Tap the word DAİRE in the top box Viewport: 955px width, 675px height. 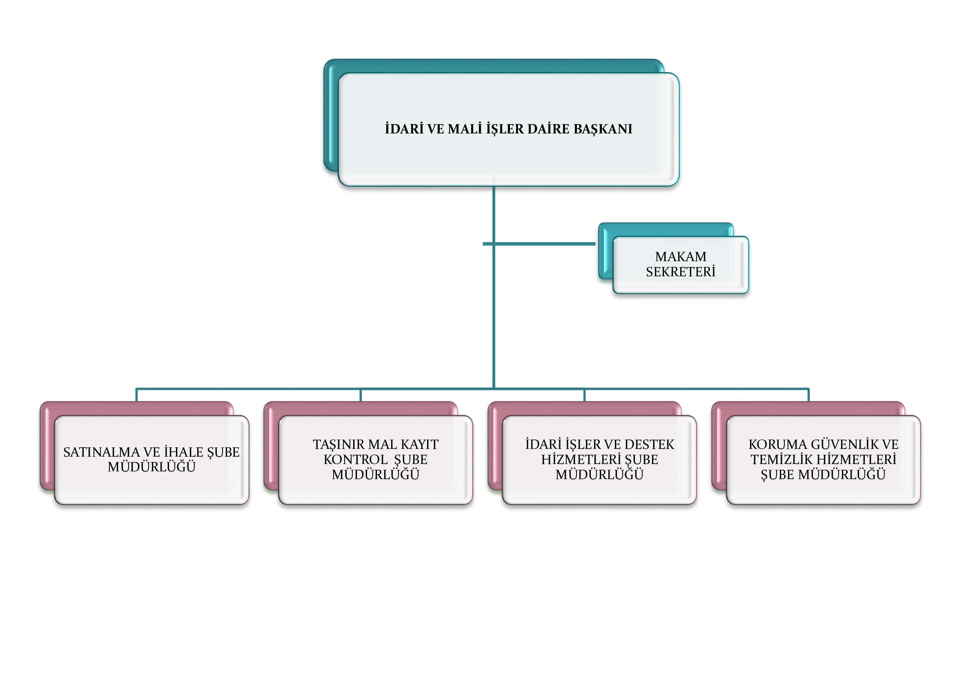548,129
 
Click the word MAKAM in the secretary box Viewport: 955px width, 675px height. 681,256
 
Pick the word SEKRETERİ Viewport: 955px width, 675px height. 681,271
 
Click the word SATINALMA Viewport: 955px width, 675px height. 102,452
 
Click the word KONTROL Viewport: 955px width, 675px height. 356,460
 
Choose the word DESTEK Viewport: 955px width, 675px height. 649,445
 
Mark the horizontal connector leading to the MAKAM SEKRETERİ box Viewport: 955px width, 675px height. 539,244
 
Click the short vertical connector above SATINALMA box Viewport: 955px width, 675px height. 136,395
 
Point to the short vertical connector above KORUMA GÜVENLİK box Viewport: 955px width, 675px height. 808,395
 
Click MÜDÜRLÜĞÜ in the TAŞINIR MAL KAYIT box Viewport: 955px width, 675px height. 376,474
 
